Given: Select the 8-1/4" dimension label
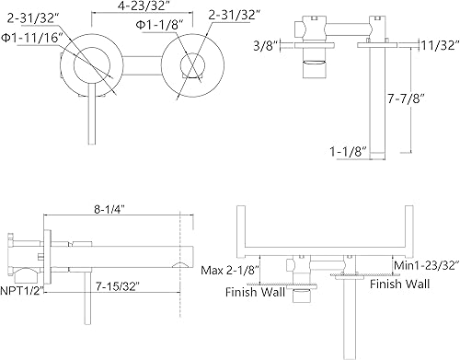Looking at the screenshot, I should point(110,210).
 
